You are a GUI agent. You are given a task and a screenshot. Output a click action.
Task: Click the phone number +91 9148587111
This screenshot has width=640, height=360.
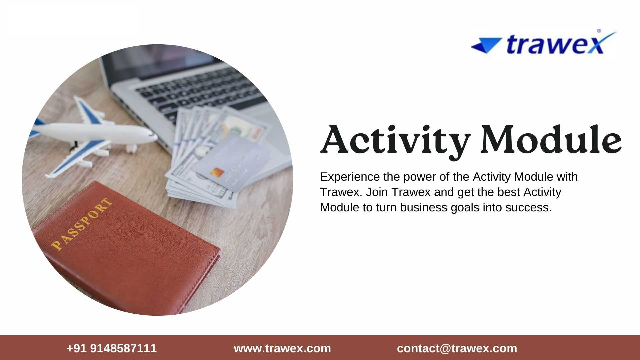pyautogui.click(x=112, y=348)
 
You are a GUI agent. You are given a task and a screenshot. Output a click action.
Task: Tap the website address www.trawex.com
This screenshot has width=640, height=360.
pyautogui.click(x=282, y=348)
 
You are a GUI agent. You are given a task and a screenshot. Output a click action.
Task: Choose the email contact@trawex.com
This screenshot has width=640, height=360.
pyautogui.click(x=457, y=348)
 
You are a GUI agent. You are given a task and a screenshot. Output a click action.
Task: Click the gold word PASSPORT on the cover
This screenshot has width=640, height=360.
pyautogui.click(x=82, y=224)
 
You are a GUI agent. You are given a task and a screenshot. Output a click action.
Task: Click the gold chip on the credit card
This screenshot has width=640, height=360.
pyautogui.click(x=217, y=173)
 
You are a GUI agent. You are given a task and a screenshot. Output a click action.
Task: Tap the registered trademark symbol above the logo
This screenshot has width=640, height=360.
pyautogui.click(x=599, y=31)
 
